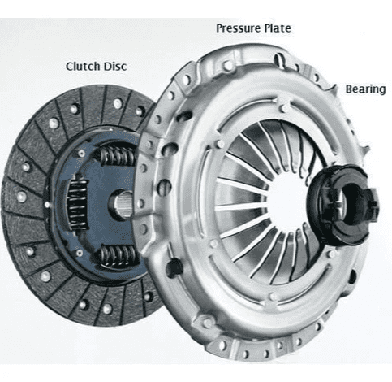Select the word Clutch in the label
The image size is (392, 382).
pos(82,67)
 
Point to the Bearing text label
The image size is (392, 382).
pos(366,89)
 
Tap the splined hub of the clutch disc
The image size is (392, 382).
pos(121,204)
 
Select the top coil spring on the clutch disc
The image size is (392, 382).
pos(117,156)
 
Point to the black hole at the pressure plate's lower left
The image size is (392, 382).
pos(173,267)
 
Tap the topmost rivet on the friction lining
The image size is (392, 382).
pos(118,103)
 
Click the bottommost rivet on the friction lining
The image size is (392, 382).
pos(107,309)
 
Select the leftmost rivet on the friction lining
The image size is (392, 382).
pos(22,197)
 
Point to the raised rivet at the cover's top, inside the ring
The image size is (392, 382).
pos(285,108)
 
